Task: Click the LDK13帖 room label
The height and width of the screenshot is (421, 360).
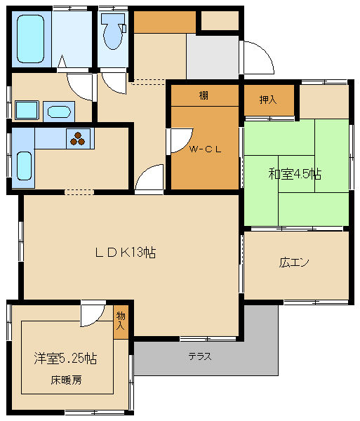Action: (126, 253)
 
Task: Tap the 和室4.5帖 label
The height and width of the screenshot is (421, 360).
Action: (295, 174)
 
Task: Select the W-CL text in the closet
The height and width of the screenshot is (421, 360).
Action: (205, 149)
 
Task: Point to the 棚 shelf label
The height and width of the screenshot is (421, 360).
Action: (204, 95)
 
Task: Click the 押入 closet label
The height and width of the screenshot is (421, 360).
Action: (268, 99)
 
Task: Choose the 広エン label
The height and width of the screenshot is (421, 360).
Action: (295, 263)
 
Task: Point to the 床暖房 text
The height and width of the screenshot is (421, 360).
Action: (66, 380)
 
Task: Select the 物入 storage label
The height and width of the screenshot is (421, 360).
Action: (121, 321)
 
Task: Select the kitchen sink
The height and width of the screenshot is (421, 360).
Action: (23, 166)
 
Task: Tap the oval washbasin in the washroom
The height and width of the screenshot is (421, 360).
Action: (58, 111)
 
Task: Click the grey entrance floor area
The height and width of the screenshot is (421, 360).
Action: (213, 55)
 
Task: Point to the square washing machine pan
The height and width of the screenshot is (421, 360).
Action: (27, 110)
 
